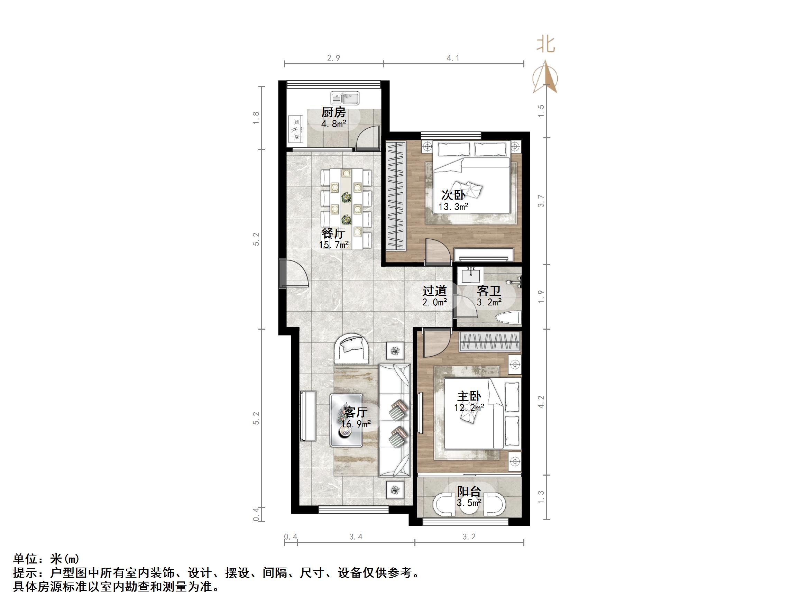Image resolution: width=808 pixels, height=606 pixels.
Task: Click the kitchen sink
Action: pos(345,98)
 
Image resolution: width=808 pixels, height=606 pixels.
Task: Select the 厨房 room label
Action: pos(333,112)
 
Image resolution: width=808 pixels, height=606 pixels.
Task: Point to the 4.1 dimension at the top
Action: pos(453,58)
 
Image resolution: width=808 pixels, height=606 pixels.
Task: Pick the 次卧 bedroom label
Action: pos(453,195)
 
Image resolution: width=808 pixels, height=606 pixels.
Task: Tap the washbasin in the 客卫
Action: pos(470,275)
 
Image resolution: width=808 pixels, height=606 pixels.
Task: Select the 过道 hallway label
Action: pos(435,291)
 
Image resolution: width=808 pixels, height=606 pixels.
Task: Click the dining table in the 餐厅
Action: pos(346,208)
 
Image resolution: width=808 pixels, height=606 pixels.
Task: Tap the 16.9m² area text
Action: pos(356,424)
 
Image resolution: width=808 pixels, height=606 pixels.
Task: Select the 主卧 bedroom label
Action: pos(469,396)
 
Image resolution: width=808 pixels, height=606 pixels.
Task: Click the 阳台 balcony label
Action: pos(469,491)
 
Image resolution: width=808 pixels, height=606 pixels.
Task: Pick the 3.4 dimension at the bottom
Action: pos(356,536)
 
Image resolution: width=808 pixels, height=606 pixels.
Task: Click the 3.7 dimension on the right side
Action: pos(541,201)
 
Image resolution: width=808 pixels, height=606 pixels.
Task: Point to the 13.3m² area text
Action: pos(453,207)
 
